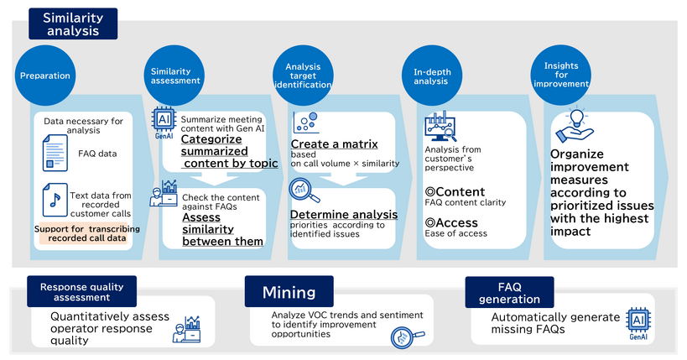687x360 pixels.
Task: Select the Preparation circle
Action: (45, 76)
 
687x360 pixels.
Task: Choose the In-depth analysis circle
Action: (433, 76)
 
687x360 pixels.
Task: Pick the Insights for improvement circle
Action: (560, 76)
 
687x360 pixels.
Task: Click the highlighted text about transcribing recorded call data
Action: (87, 234)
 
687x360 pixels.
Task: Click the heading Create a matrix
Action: (334, 144)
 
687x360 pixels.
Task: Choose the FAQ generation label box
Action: (509, 293)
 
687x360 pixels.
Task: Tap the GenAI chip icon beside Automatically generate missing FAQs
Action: (639, 323)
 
